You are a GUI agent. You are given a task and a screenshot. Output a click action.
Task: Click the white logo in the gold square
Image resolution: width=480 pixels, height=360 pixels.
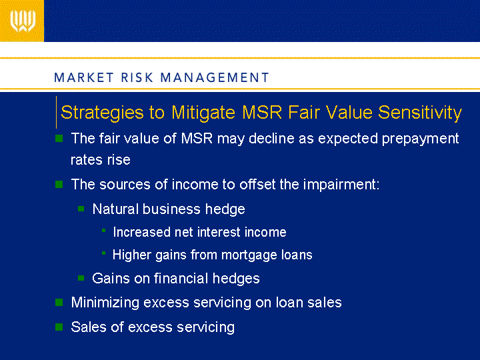point(23,21)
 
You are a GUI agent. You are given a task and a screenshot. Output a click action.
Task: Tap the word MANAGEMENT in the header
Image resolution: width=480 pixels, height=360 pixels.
point(215,77)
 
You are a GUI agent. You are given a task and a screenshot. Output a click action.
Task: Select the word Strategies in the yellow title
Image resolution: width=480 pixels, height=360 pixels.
point(102,113)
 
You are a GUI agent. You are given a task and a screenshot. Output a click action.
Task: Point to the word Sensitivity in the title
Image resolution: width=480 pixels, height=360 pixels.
point(420,113)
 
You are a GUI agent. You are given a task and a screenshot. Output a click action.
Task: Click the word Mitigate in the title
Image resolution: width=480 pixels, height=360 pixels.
point(203,113)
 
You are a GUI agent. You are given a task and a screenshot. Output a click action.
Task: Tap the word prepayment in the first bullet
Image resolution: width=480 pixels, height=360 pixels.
point(420,139)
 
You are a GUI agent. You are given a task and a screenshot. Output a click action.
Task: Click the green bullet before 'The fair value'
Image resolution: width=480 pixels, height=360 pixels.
point(59,139)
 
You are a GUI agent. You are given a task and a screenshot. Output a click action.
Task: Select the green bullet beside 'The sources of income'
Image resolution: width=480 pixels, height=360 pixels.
point(59,184)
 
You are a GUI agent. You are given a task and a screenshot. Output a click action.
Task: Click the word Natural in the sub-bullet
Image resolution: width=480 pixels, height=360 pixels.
point(115,209)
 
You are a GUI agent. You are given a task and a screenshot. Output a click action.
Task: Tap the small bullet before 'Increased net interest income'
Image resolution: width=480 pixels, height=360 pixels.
point(104,231)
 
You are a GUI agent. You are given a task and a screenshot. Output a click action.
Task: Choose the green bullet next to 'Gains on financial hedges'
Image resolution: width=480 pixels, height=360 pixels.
point(81,278)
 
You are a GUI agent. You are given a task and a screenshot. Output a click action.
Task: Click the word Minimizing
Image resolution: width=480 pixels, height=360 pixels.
point(105,303)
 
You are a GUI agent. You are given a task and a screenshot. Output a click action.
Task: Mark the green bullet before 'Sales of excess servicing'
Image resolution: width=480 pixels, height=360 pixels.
point(59,327)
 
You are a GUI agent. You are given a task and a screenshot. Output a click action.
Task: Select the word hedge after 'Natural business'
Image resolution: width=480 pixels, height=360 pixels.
point(225,210)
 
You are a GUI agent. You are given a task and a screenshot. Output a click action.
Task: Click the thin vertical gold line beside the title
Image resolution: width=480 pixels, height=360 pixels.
point(56,112)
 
